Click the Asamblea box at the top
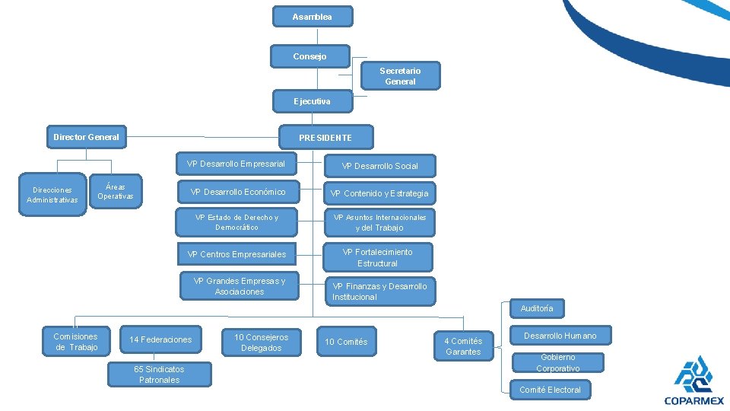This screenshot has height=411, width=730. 312,17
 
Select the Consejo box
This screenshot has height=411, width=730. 310,56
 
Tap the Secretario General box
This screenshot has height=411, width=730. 400,76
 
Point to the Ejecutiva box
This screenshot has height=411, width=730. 312,101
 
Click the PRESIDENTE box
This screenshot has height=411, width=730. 325,138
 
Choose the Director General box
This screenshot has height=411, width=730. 86,137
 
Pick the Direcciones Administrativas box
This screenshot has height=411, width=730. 52,195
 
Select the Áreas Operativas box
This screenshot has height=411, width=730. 116,191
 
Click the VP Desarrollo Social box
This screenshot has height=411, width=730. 379,166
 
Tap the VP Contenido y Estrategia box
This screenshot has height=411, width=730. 379,193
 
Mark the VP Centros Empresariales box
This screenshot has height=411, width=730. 236,254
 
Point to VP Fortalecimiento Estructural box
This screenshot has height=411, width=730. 377,257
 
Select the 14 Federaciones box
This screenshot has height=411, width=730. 160,339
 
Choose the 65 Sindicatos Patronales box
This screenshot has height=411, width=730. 158,374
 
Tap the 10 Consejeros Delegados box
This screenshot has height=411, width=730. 261,342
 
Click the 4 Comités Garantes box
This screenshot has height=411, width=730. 463,346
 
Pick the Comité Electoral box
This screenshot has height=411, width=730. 550,390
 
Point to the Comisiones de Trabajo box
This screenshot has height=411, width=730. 76,342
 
